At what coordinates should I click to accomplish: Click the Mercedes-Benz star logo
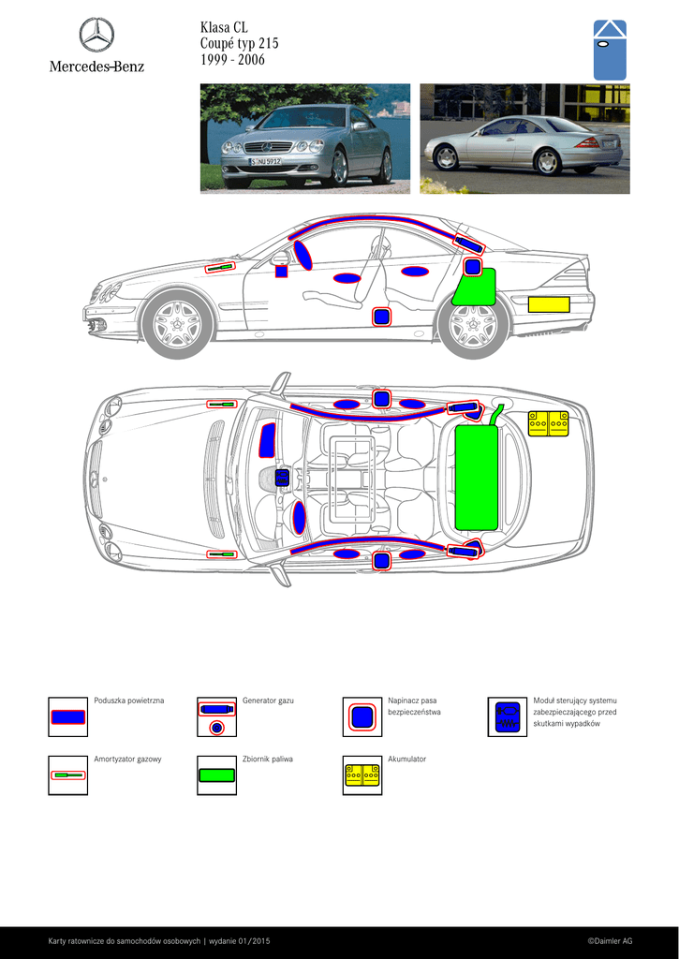point(96,36)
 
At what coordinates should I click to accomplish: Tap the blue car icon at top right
point(610,50)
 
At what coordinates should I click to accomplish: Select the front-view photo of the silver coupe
point(305,139)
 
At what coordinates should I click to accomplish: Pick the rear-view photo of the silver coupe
point(524,139)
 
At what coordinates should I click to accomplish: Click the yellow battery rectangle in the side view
point(549,303)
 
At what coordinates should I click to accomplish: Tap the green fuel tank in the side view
point(475,289)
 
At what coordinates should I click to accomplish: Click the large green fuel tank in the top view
point(477,477)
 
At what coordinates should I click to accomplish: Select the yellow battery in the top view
point(548,424)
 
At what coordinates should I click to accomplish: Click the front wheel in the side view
point(177,324)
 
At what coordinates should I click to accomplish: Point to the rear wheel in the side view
point(472,325)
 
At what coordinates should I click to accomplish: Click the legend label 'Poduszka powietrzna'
point(129,701)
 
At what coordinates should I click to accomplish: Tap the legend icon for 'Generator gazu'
point(216,717)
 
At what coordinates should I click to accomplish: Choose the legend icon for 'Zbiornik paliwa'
point(216,775)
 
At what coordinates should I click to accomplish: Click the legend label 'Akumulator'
point(406,759)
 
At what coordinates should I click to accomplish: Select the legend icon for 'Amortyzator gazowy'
point(67,775)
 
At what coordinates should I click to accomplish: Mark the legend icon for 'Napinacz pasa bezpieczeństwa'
point(362,716)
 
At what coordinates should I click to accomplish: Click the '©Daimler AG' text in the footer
point(610,940)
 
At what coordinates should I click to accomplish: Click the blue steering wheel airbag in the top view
point(300,517)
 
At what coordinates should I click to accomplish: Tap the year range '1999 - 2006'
point(232,60)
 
